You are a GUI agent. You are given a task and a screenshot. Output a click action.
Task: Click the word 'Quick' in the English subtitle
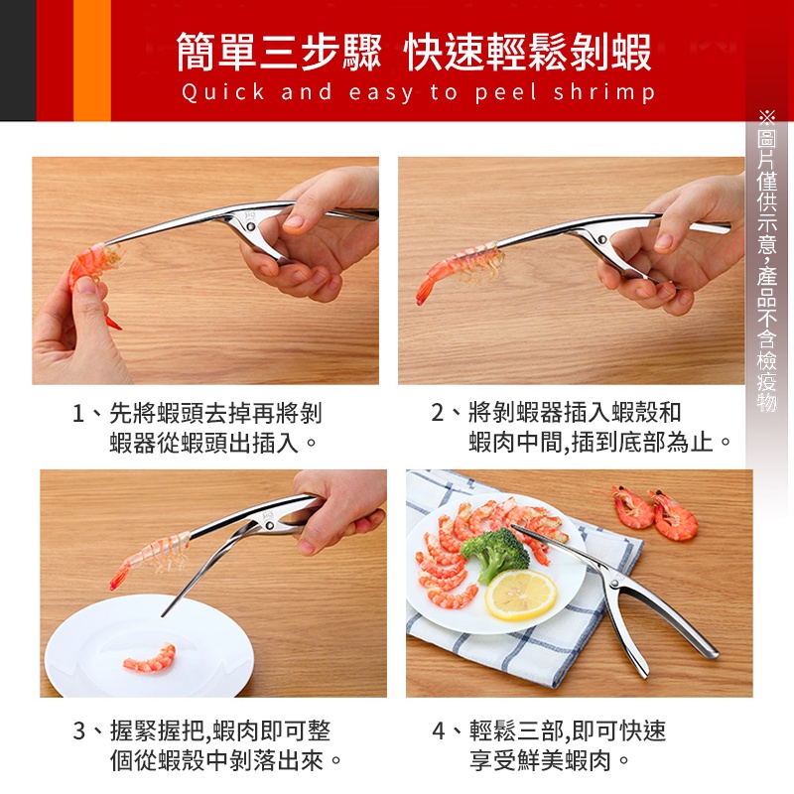(x=222, y=93)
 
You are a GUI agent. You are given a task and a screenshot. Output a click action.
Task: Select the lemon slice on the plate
(x=520, y=594)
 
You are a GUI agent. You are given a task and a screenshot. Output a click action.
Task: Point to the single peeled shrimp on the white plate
(x=150, y=658)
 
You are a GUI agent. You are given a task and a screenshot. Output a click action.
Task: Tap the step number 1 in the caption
(x=78, y=414)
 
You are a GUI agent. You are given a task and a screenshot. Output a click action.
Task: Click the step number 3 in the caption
(x=79, y=730)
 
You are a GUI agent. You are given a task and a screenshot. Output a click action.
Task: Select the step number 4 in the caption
(x=439, y=730)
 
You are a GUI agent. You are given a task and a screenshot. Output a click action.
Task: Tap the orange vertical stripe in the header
(x=92, y=61)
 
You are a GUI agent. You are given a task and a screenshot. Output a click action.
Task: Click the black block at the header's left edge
(x=18, y=61)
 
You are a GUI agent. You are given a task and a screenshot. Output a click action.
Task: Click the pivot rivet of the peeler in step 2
(x=601, y=238)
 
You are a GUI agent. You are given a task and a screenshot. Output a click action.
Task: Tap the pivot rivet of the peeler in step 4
(x=614, y=584)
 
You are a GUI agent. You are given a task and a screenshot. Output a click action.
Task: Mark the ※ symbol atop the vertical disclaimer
(x=766, y=118)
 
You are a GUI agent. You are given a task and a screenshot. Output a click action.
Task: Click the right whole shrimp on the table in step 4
(x=674, y=514)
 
